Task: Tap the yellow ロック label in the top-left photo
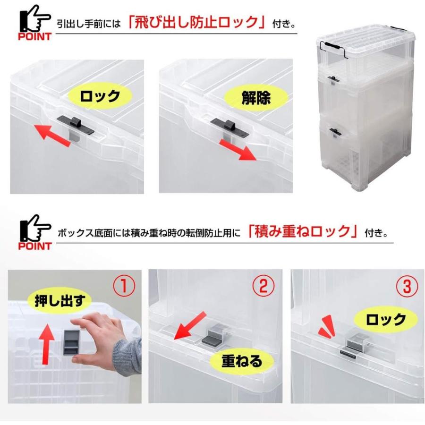pyautogui.click(x=100, y=97)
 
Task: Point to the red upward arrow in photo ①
pyautogui.click(x=45, y=344)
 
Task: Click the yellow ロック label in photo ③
pyautogui.click(x=386, y=320)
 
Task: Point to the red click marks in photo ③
pyautogui.click(x=326, y=328)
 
